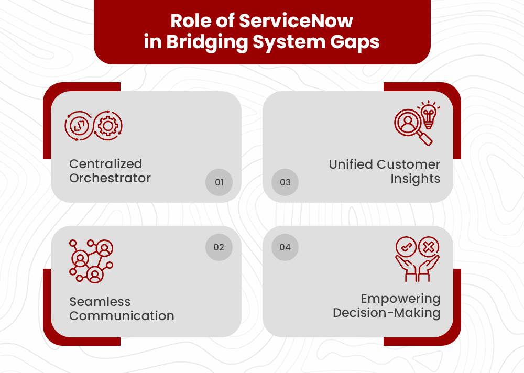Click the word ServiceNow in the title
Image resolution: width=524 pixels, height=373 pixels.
(296, 21)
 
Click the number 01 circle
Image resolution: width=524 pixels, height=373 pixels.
(219, 182)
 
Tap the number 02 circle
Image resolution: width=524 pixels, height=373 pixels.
(219, 247)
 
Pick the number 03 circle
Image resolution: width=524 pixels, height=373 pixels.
(285, 182)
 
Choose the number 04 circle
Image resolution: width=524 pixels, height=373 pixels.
(285, 247)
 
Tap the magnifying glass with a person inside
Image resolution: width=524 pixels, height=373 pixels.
(409, 124)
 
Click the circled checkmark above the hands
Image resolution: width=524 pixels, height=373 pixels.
(406, 246)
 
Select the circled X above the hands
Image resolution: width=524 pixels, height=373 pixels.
(429, 246)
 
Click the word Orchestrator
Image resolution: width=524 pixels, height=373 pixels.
(110, 178)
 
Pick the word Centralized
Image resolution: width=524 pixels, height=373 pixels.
(106, 164)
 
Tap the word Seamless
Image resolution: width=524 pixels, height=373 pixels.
(100, 302)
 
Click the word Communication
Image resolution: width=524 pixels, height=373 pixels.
(122, 316)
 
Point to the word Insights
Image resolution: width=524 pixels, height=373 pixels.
(415, 179)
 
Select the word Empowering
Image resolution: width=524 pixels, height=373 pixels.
(400, 299)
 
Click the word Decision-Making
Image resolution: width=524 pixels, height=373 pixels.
(387, 313)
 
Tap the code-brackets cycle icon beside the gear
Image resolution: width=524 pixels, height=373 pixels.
(79, 126)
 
